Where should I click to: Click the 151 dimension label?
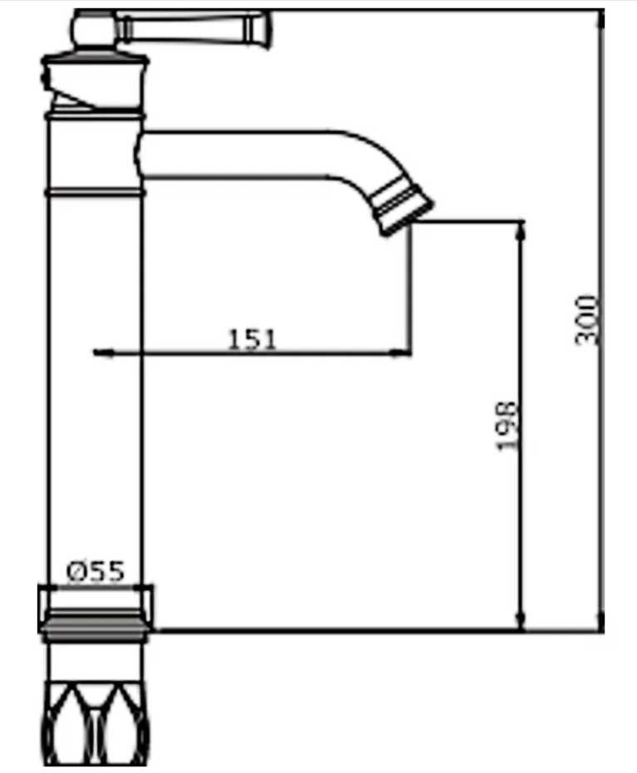(x=252, y=339)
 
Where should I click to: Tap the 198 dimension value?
(x=506, y=426)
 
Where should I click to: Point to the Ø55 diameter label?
(x=96, y=572)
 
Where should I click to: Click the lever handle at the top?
(x=192, y=28)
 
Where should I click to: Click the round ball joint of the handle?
(x=94, y=30)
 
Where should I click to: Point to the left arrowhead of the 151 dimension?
(x=102, y=352)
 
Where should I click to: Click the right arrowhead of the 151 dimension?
(x=401, y=352)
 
